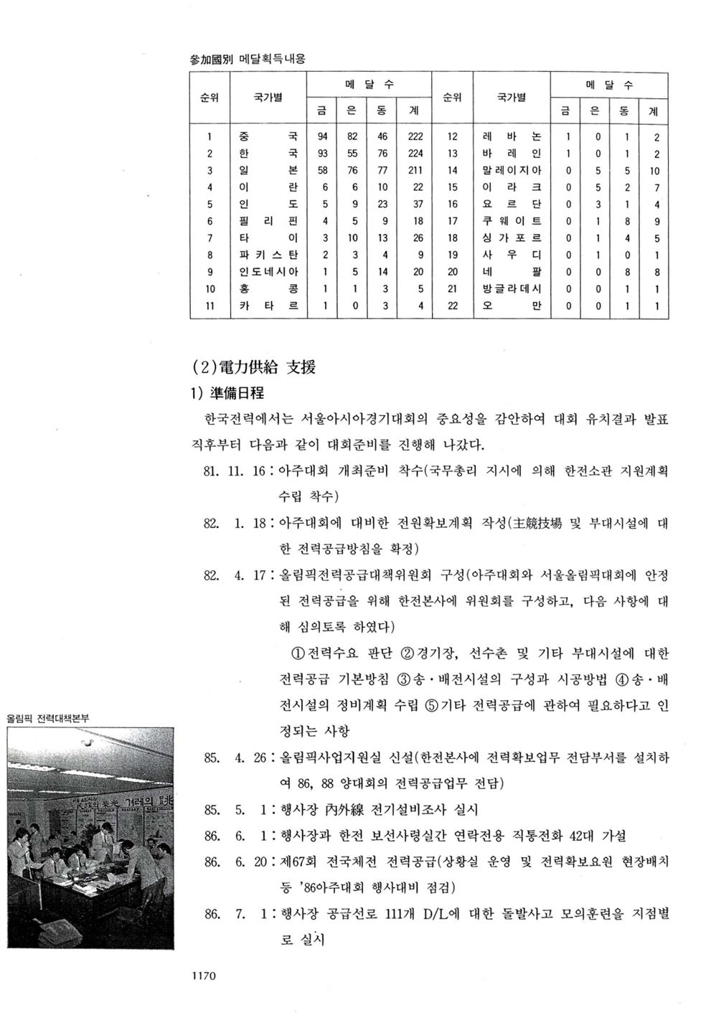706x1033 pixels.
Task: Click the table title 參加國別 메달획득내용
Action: pyautogui.click(x=247, y=59)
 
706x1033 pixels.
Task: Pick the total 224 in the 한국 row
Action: pyautogui.click(x=414, y=154)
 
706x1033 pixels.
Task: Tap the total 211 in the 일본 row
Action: pyautogui.click(x=414, y=171)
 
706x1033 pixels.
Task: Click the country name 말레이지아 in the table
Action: pyautogui.click(x=512, y=171)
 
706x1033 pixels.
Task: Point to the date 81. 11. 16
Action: pyautogui.click(x=235, y=471)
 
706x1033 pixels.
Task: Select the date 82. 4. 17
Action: pyautogui.click(x=235, y=575)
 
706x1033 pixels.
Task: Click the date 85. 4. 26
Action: pyautogui.click(x=235, y=758)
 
